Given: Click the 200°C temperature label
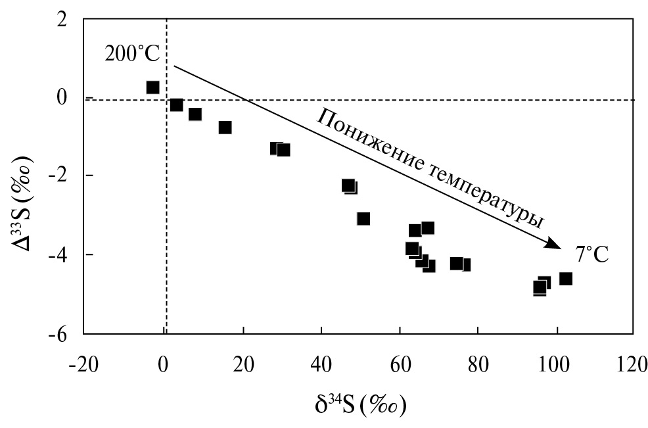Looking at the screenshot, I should pyautogui.click(x=132, y=55).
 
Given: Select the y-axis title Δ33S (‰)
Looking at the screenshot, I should pyautogui.click(x=24, y=176).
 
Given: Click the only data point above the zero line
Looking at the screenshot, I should pyautogui.click(x=152, y=87).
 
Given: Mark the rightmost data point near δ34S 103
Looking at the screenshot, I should pyautogui.click(x=566, y=279).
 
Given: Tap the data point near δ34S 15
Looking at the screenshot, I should pyautogui.click(x=225, y=127).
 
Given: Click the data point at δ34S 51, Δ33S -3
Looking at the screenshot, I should pyautogui.click(x=363, y=218).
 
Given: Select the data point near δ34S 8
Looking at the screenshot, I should pyautogui.click(x=195, y=114).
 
